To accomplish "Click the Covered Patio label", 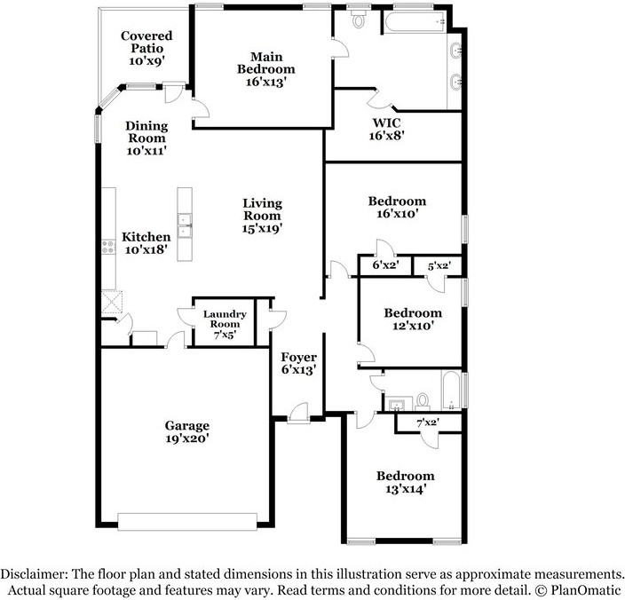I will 146,49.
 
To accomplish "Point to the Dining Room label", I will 146,138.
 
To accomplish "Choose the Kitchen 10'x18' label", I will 146,244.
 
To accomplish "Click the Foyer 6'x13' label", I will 299,363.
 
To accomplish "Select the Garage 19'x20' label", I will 186,431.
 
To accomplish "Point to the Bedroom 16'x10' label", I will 397,207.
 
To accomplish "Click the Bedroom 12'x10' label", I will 412,320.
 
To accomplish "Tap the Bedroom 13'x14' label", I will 404,482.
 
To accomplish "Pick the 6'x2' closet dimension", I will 385,264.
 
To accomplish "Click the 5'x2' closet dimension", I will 439,264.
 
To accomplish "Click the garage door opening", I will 187,521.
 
